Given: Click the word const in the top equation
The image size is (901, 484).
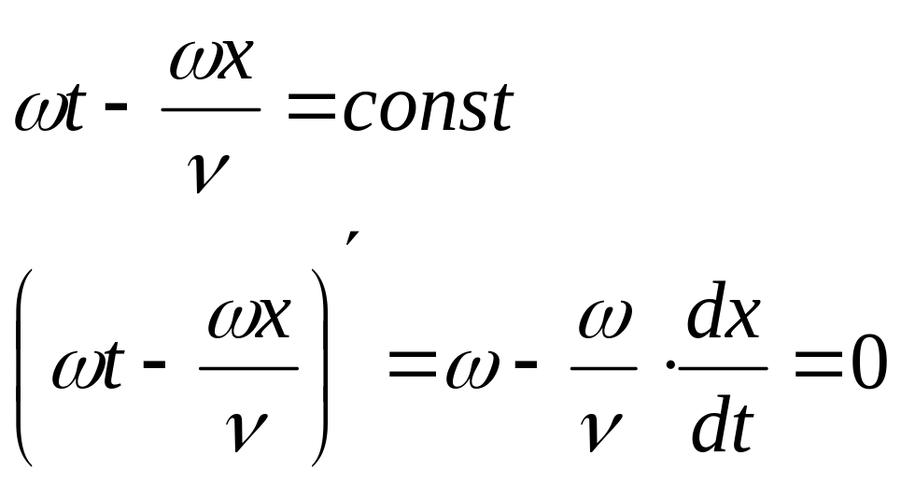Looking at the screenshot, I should (428, 109).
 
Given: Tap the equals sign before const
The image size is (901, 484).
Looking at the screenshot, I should (312, 110).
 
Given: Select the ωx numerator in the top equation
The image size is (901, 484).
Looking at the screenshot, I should (210, 64).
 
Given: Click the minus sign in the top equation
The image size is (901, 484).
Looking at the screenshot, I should (118, 108).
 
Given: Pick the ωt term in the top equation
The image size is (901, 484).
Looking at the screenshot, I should (51, 110).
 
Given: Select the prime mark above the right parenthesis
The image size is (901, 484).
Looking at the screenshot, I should (349, 241).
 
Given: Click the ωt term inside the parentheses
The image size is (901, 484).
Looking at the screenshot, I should (90, 366).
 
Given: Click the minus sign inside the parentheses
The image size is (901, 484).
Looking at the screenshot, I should (156, 366).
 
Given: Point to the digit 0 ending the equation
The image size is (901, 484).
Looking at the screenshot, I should (867, 365).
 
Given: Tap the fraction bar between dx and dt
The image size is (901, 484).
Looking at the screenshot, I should (723, 368).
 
